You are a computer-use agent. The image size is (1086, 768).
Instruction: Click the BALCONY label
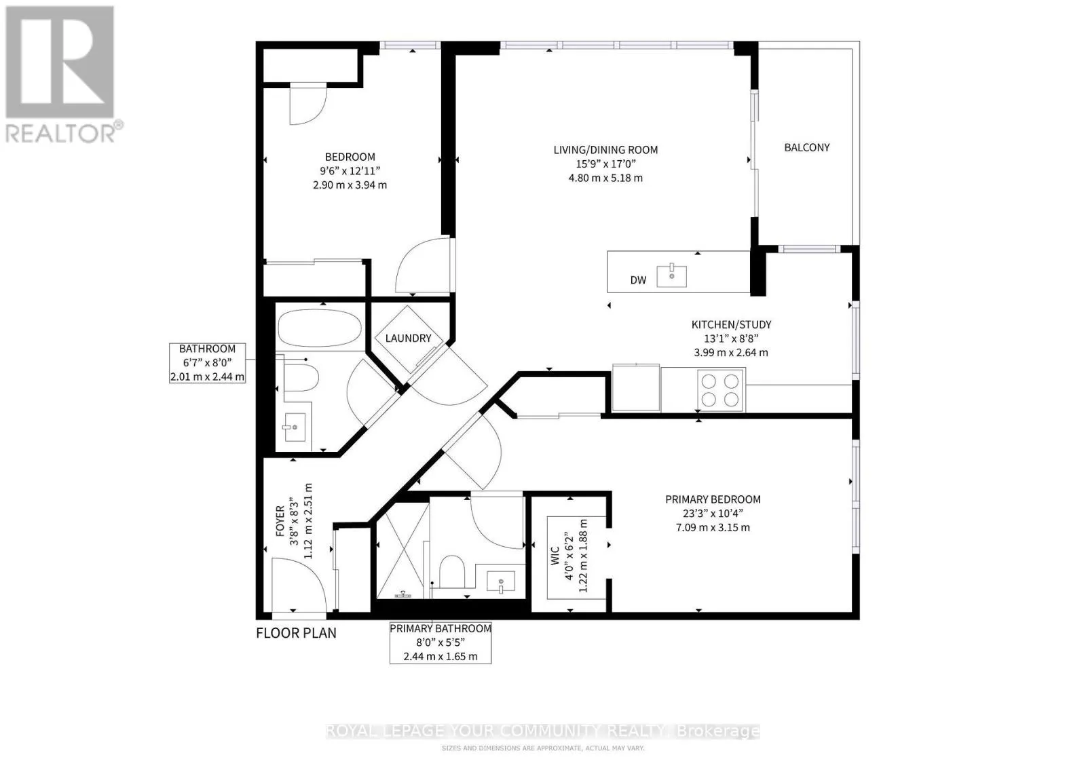point(807,147)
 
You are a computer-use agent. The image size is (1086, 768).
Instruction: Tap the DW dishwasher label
point(638,280)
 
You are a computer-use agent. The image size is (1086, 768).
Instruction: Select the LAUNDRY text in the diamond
point(408,339)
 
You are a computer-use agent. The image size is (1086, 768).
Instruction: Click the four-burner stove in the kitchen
point(720,390)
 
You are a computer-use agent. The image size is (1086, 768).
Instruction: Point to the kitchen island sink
point(671,276)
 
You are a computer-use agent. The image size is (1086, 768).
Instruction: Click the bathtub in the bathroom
point(320,328)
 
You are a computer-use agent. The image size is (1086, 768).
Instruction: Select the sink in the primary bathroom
point(500,582)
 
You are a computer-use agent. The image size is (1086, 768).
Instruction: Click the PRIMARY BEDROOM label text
point(713,499)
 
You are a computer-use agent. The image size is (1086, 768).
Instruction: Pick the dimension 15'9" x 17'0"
point(605,164)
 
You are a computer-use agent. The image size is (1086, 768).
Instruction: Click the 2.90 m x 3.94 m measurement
point(350,185)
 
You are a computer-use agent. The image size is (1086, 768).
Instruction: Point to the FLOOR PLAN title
point(296,633)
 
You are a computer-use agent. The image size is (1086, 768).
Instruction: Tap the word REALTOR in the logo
point(60,134)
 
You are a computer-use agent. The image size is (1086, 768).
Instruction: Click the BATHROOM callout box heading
point(207,349)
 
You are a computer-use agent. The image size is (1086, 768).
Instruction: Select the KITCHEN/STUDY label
point(730,325)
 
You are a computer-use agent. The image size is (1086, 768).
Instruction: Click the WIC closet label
point(556,556)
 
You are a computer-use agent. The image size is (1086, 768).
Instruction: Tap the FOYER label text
point(280,521)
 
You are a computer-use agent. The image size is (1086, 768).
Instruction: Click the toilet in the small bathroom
point(301,377)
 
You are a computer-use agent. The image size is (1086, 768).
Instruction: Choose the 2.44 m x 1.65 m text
point(441,657)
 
